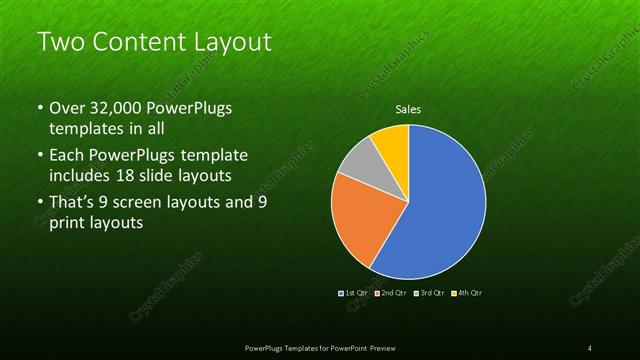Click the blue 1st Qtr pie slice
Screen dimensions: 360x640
point(440,210)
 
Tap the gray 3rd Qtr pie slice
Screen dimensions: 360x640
point(356,164)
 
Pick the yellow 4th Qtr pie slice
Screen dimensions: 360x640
point(391,144)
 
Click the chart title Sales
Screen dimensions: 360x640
point(408,110)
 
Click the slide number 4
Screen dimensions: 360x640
point(589,347)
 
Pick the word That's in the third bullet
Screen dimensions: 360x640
point(73,203)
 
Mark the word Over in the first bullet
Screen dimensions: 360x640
point(67,107)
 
